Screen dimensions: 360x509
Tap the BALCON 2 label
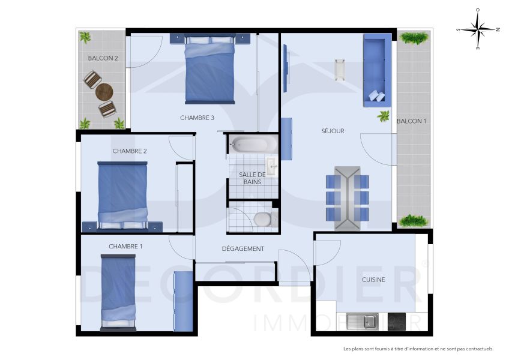[x=103, y=58]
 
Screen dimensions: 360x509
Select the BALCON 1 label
[x=411, y=121]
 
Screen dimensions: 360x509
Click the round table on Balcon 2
[x=104, y=92]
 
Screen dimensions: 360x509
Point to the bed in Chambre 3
[x=208, y=68]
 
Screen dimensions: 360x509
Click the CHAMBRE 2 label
[x=130, y=151]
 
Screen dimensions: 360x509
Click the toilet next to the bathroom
[x=262, y=219]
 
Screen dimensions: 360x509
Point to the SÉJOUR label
[x=333, y=131]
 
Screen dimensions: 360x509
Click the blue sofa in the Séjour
[x=377, y=70]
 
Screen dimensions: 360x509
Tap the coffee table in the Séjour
[x=340, y=70]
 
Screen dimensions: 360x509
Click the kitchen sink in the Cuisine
[x=362, y=321]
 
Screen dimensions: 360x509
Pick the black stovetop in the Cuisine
[x=397, y=321]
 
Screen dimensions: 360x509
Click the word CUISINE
[x=373, y=280]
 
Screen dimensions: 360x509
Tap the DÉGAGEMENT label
[x=243, y=249]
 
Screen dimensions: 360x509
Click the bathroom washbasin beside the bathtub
[x=271, y=166]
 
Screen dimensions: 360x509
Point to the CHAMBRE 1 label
[x=125, y=247]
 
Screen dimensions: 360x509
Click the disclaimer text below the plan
[x=418, y=349]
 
